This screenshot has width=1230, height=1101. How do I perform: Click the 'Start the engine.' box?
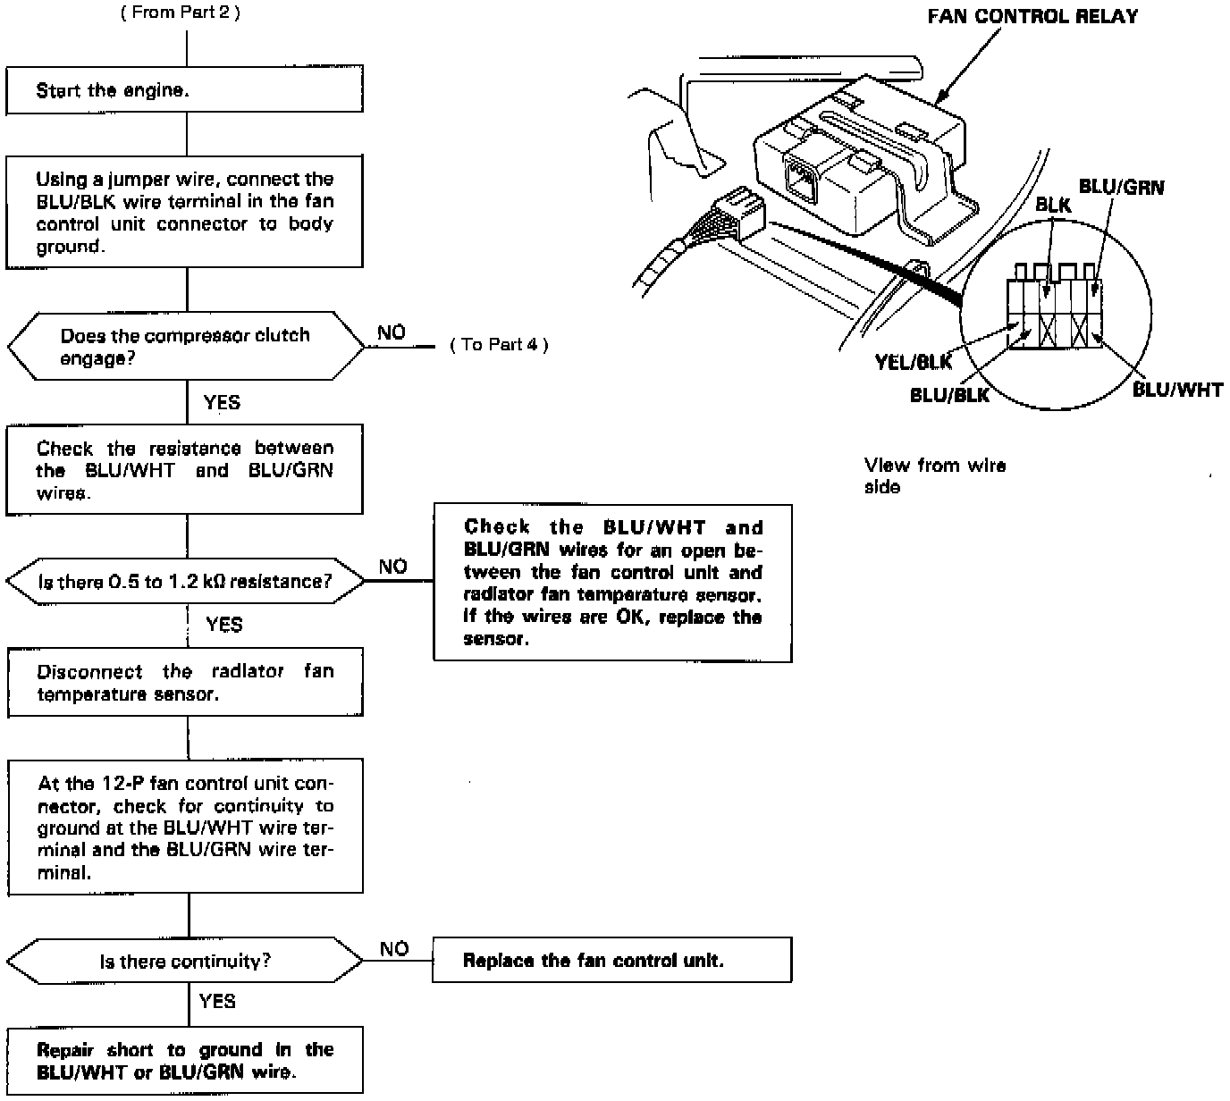(x=185, y=90)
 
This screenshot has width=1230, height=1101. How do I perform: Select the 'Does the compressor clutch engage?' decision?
(x=185, y=347)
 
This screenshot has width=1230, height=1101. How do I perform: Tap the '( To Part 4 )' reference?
(x=499, y=345)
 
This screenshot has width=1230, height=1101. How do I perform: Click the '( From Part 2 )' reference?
(x=180, y=13)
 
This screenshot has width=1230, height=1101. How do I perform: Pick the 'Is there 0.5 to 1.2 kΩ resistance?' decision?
(x=185, y=582)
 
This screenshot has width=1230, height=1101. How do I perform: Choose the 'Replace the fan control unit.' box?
(x=611, y=961)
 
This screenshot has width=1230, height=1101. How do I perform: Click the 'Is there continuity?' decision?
(x=185, y=962)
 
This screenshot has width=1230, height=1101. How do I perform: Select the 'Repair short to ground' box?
(x=185, y=1061)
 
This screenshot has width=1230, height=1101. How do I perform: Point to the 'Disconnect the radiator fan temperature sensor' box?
(x=185, y=683)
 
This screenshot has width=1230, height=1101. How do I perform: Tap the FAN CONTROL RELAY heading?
(x=1032, y=17)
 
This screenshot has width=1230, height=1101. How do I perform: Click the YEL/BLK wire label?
(x=913, y=362)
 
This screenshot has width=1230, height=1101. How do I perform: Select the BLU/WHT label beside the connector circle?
(x=1176, y=390)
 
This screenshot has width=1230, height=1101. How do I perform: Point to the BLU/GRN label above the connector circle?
(x=1121, y=187)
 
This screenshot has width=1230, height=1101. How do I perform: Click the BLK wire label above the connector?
(x=1053, y=205)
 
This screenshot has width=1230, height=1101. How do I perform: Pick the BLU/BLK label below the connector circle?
(x=949, y=395)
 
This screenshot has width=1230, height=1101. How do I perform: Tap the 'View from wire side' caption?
(x=934, y=475)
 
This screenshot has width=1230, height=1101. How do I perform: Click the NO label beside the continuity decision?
(x=393, y=949)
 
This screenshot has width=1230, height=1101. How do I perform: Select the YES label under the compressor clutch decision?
(x=222, y=402)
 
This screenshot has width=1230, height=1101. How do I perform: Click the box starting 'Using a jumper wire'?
(x=185, y=212)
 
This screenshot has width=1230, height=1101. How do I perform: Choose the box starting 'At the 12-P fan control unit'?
(x=185, y=827)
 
